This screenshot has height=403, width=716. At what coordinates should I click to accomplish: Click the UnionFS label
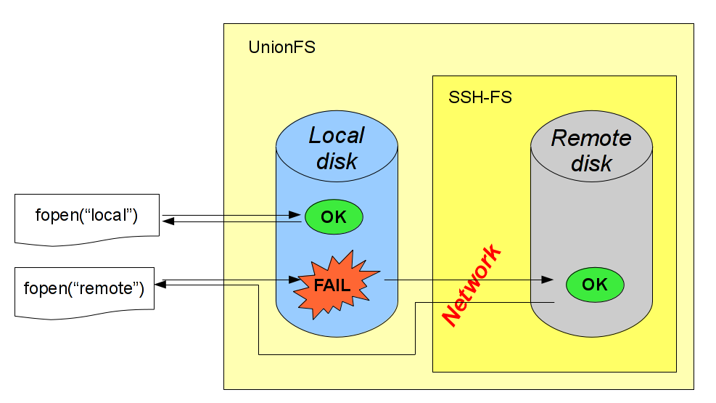coord(281,49)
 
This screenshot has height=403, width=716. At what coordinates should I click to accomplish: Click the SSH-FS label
coord(480,97)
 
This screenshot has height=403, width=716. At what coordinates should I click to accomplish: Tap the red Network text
coord(472,286)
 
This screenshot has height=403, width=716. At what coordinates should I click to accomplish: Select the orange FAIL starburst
coord(333,285)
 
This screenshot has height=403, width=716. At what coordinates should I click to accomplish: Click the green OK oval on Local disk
coord(334,216)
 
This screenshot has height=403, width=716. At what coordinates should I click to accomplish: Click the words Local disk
coord(337,148)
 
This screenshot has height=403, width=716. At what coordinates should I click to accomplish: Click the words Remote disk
coord(592,150)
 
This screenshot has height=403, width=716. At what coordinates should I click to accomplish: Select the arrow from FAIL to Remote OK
coord(464,280)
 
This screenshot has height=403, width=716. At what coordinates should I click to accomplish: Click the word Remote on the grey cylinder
coord(591,138)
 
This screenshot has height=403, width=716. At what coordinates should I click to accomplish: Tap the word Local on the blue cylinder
coord(337,136)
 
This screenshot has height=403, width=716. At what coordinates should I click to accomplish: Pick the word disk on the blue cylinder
coord(337,161)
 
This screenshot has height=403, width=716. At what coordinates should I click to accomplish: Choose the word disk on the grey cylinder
coord(592,163)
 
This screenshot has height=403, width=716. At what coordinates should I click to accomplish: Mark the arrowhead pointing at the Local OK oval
coord(296,215)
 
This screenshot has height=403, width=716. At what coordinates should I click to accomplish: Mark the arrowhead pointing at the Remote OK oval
coord(550,280)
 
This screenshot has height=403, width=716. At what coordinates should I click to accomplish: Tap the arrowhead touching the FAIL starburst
coord(294,280)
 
